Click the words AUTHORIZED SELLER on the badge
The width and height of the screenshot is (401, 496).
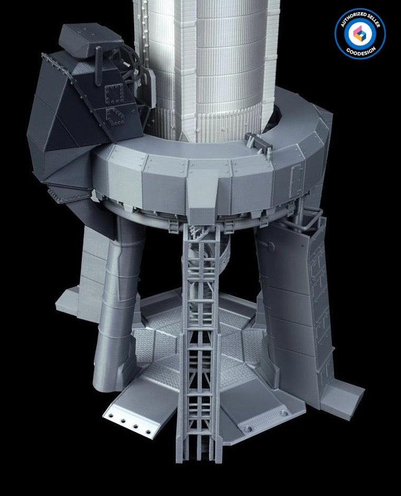(360, 20)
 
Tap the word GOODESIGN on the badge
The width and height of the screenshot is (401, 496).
(360, 51)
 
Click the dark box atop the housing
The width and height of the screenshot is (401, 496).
(91, 39)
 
